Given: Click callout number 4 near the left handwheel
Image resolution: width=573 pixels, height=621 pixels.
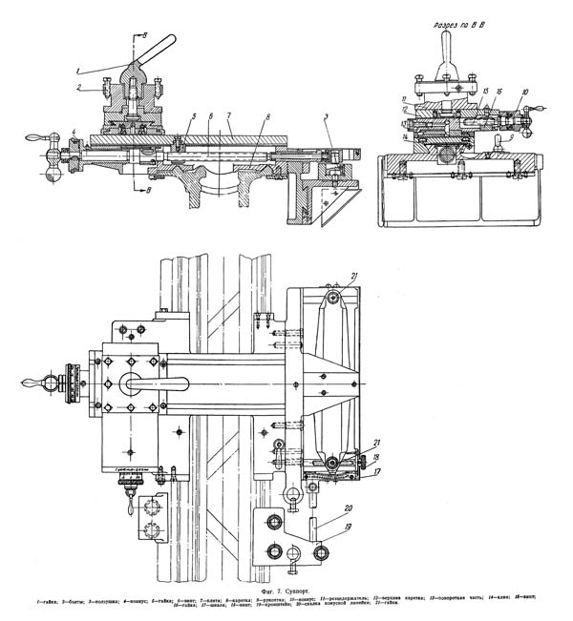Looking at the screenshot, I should pos(74,131).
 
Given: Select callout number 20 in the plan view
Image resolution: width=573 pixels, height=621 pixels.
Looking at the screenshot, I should pos(321,507).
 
